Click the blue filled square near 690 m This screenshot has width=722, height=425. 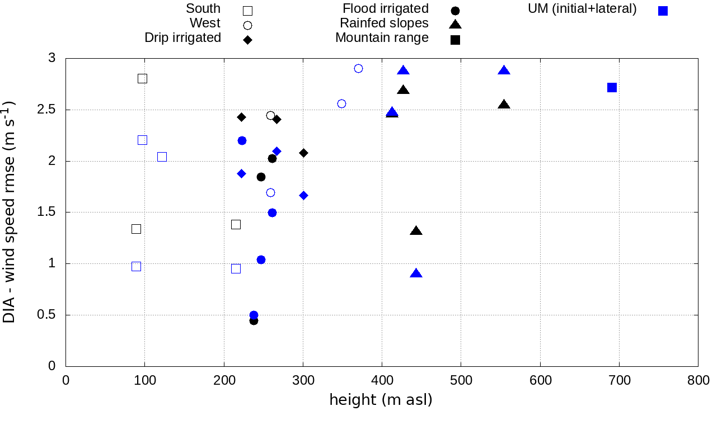[x=612, y=87]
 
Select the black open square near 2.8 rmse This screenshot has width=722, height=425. [x=142, y=78]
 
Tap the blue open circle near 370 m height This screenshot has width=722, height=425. [x=358, y=68]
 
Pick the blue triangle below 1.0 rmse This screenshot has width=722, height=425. [x=416, y=273]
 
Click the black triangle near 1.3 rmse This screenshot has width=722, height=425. [x=416, y=231]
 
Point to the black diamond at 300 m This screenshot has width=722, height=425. [x=303, y=153]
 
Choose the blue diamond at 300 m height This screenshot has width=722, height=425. [x=303, y=195]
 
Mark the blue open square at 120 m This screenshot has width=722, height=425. [x=162, y=157]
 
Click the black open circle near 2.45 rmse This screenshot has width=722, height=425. [x=270, y=115]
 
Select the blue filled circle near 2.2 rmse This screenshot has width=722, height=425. [x=242, y=140]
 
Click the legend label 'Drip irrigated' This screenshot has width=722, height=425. [x=183, y=38]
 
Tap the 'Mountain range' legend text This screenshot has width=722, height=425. [x=382, y=38]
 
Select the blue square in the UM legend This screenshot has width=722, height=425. [x=663, y=11]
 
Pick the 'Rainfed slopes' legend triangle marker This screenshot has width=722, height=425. [x=455, y=24]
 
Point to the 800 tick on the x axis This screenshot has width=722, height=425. [x=698, y=381]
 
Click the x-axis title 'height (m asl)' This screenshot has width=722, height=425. [x=381, y=400]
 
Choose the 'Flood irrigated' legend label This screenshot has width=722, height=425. [x=386, y=9]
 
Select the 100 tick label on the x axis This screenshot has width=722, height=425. [x=145, y=381]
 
